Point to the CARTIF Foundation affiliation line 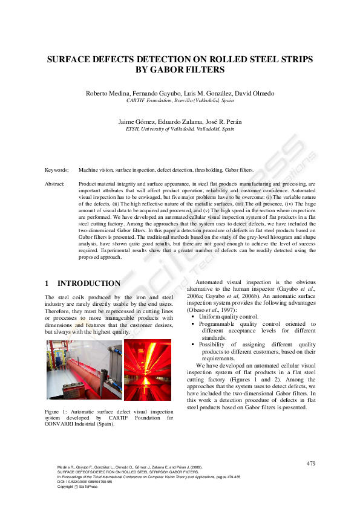[180, 101]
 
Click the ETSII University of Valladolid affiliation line [180, 129]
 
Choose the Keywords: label [57, 170]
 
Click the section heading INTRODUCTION [88, 283]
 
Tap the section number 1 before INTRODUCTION [47, 283]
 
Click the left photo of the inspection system [84, 369]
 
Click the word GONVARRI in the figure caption [62, 424]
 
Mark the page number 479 [311, 464]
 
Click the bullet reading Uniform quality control [229, 317]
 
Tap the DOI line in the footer [85, 481]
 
